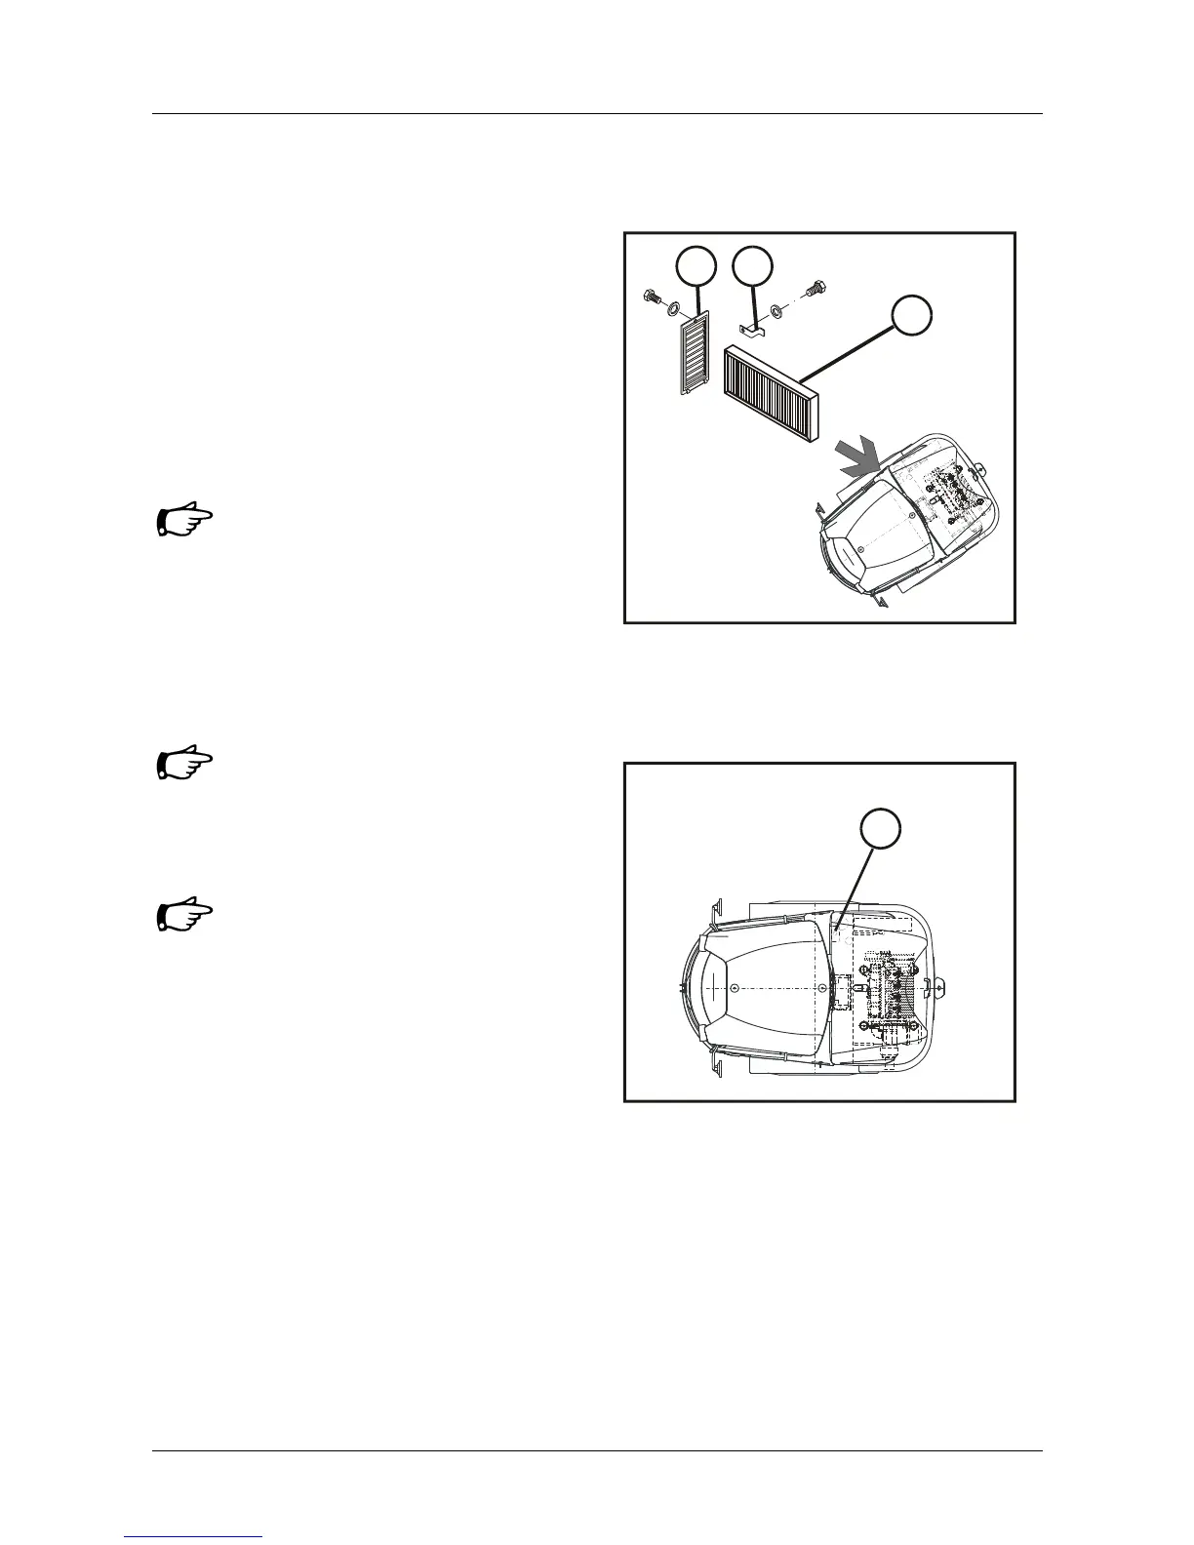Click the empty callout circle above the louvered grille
(696, 267)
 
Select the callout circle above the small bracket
(753, 267)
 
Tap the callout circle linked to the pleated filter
(912, 316)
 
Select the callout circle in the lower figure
(880, 829)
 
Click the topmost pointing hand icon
(184, 521)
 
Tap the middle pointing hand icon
(184, 764)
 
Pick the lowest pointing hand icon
(184, 916)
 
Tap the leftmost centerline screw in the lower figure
(734, 987)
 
